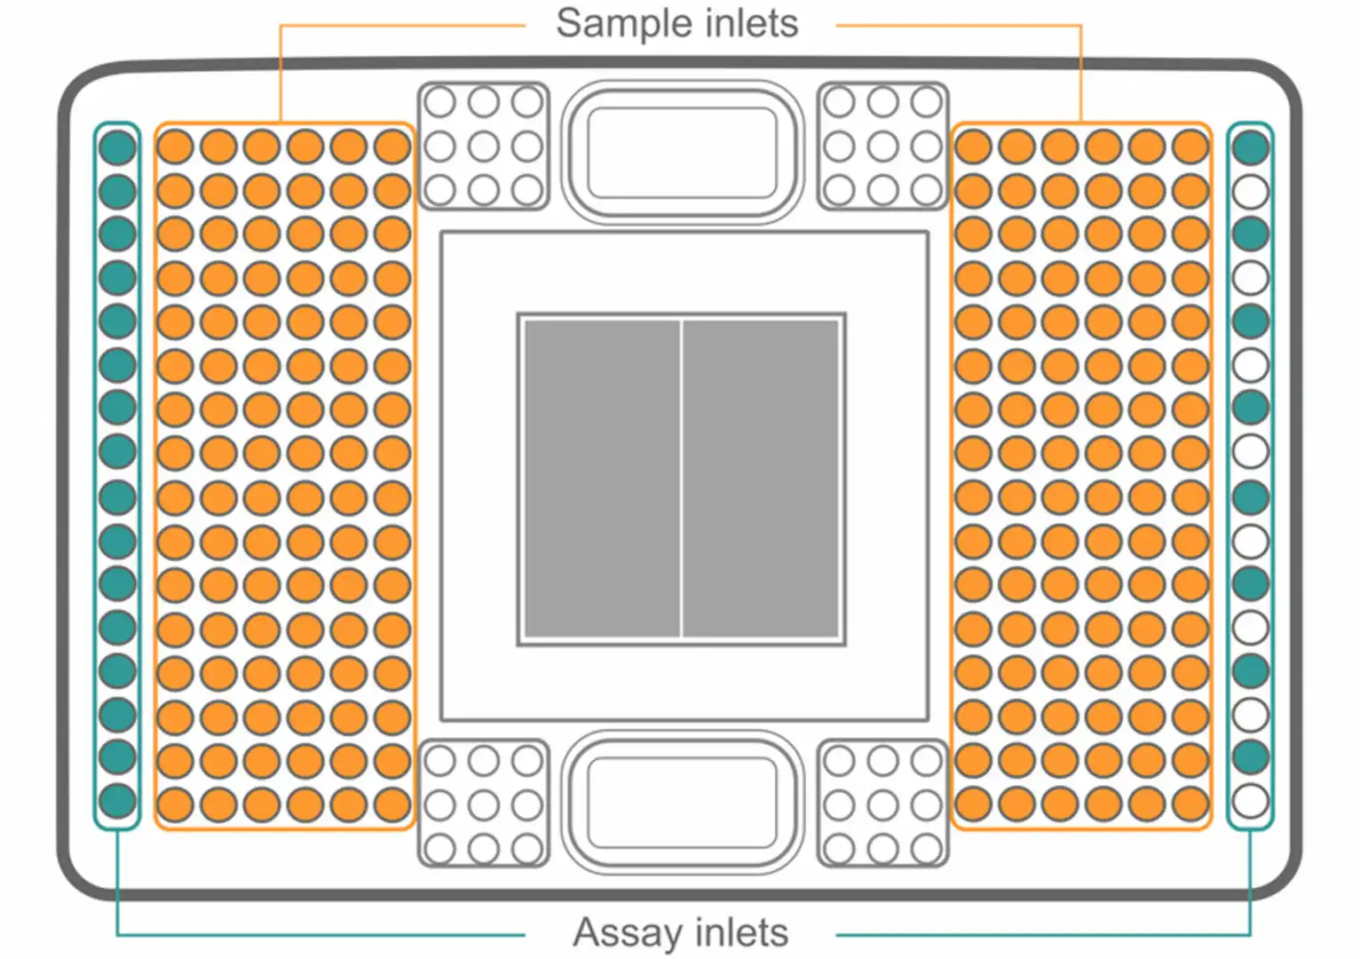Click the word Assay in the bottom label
[x=629, y=933]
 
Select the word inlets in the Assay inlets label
[x=742, y=932]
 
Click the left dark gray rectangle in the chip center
[x=602, y=479]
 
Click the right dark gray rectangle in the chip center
[x=761, y=479]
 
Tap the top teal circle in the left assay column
[x=117, y=147]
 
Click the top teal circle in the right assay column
[x=1250, y=147]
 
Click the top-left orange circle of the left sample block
[x=176, y=147]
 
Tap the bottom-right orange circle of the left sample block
[x=392, y=804]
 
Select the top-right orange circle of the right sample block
[x=1190, y=147]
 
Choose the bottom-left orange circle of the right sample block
[x=974, y=804]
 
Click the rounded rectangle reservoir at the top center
[x=683, y=153]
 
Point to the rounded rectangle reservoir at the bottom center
[x=683, y=803]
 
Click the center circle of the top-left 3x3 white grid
[x=484, y=147]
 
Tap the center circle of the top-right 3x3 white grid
[x=882, y=147]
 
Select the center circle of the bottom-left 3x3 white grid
[x=484, y=804]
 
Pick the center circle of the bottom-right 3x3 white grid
[x=882, y=804]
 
